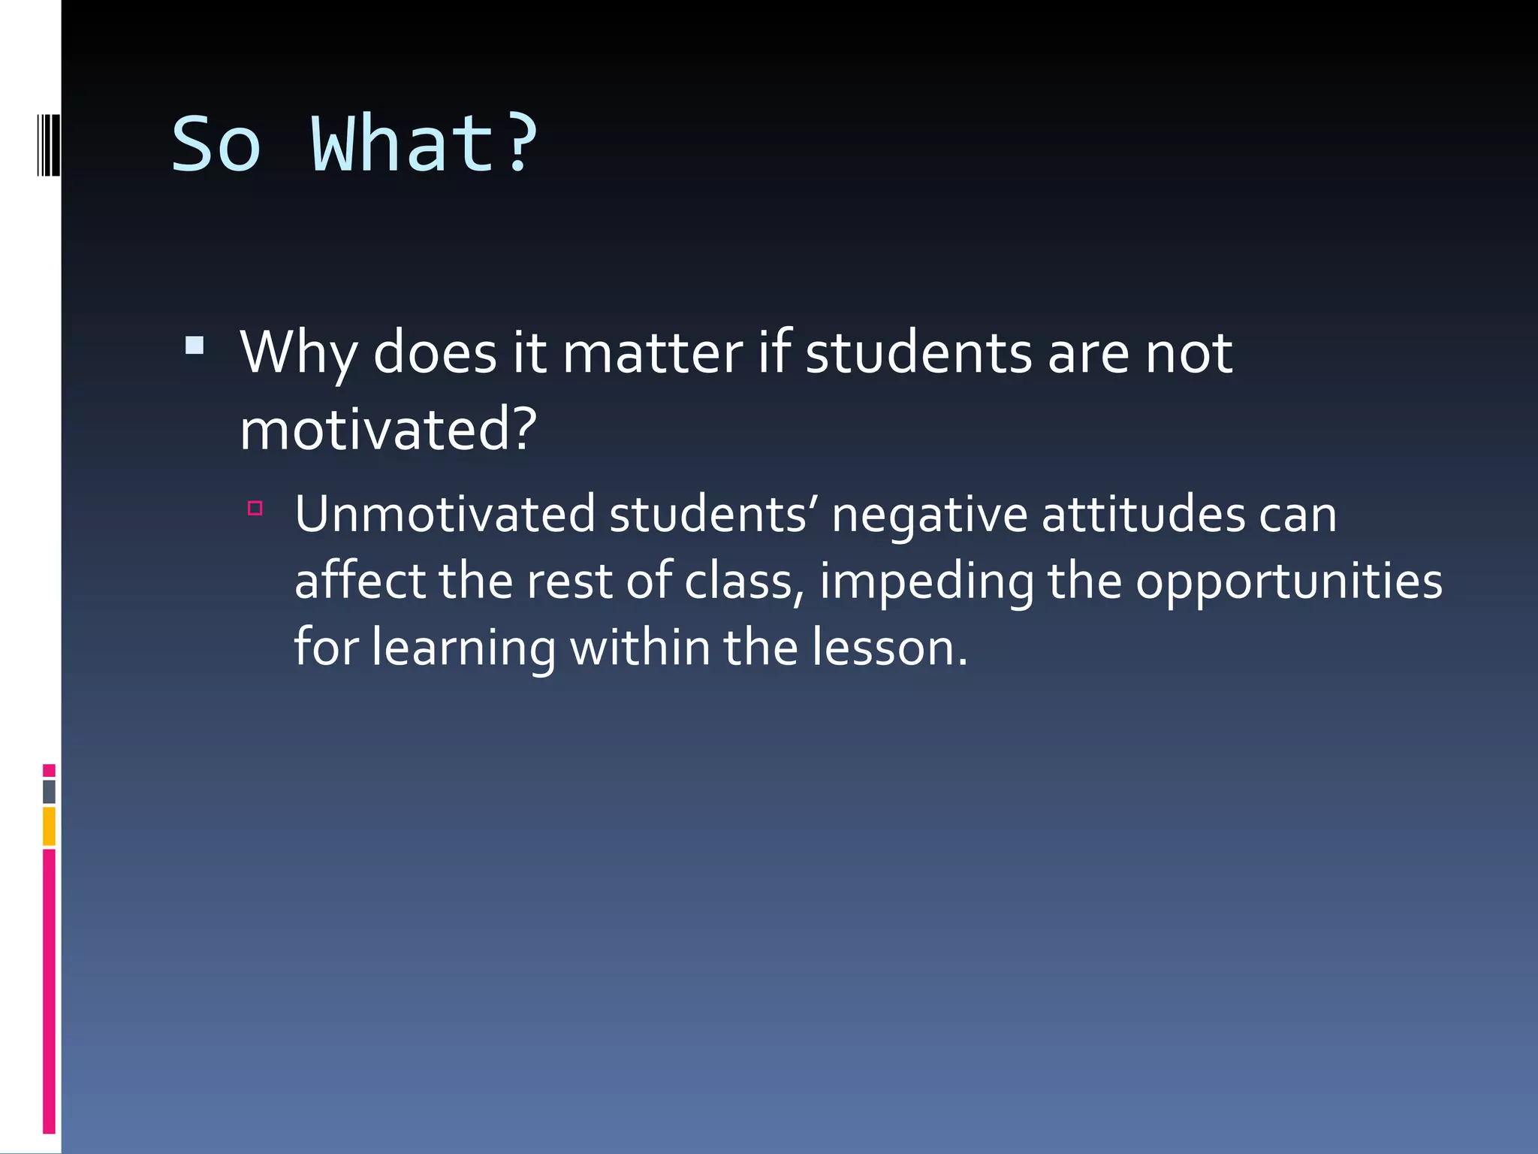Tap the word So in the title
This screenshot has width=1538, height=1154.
[x=216, y=144]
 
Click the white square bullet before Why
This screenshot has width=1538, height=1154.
[x=195, y=346]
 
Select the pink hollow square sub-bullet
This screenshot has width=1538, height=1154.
[x=255, y=509]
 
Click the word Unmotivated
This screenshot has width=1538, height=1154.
[x=445, y=515]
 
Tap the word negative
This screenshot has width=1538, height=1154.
[x=929, y=516]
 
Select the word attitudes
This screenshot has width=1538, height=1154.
[x=1143, y=515]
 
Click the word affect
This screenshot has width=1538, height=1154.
[x=360, y=581]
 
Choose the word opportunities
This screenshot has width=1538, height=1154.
[x=1289, y=582]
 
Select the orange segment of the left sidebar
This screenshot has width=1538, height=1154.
[x=49, y=826]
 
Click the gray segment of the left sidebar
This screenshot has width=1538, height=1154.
[x=49, y=791]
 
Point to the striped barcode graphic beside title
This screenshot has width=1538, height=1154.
[x=47, y=143]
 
